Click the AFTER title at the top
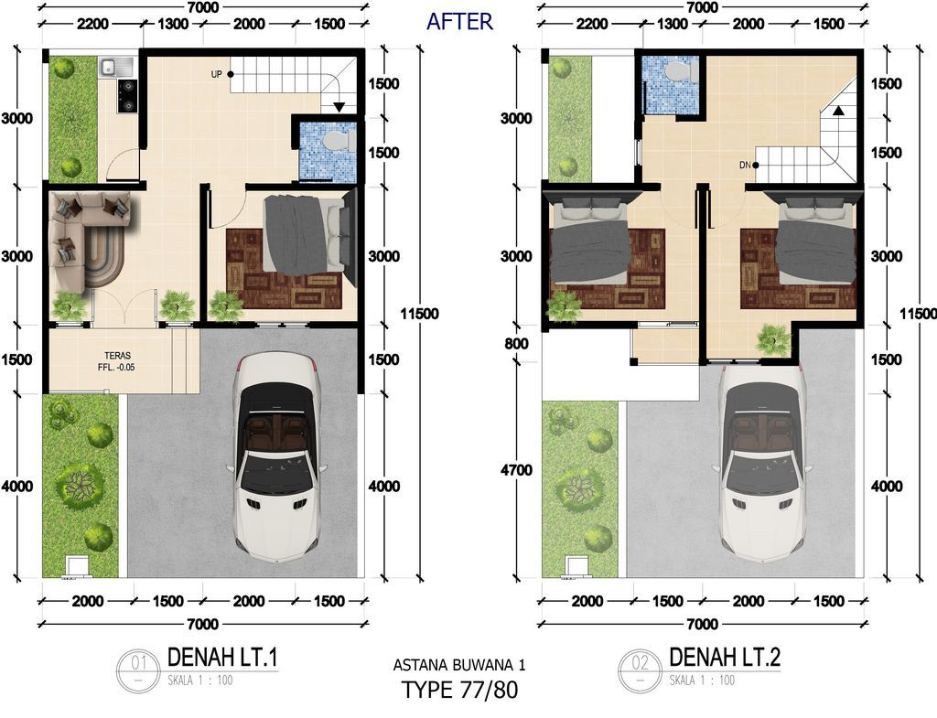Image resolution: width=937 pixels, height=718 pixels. (459, 22)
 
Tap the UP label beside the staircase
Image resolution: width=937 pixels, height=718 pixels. (216, 74)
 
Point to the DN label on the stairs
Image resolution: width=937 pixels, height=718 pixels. (745, 165)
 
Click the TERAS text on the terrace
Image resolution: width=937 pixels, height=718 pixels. (117, 356)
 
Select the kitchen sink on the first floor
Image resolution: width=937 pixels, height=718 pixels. (111, 67)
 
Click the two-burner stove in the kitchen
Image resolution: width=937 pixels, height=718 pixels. (127, 96)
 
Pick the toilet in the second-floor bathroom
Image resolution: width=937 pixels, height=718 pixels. (678, 71)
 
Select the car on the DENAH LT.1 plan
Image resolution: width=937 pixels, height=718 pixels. (276, 457)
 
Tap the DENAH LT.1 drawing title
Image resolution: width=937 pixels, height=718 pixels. (222, 658)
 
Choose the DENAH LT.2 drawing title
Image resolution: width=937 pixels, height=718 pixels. (725, 658)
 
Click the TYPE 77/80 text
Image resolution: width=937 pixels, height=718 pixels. (459, 690)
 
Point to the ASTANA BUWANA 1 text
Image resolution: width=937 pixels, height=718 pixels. (459, 664)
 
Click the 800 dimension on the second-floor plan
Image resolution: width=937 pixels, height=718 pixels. (517, 344)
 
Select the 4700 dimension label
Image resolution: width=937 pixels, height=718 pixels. (516, 470)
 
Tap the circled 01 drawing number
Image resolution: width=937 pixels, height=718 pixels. (139, 669)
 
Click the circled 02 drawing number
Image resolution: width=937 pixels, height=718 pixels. (640, 669)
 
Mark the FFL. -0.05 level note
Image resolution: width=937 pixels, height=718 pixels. (116, 368)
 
